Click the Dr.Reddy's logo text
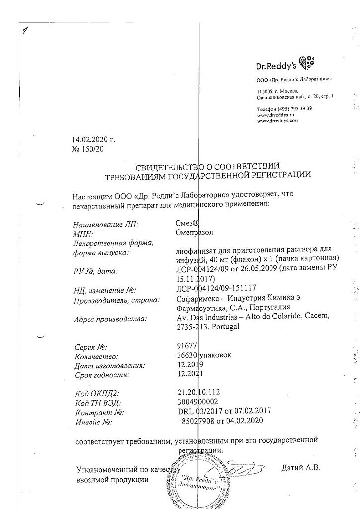(x=276, y=65)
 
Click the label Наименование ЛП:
(x=106, y=224)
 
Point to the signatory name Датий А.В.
(x=301, y=468)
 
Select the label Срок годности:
(x=101, y=375)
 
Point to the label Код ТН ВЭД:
(x=97, y=402)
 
